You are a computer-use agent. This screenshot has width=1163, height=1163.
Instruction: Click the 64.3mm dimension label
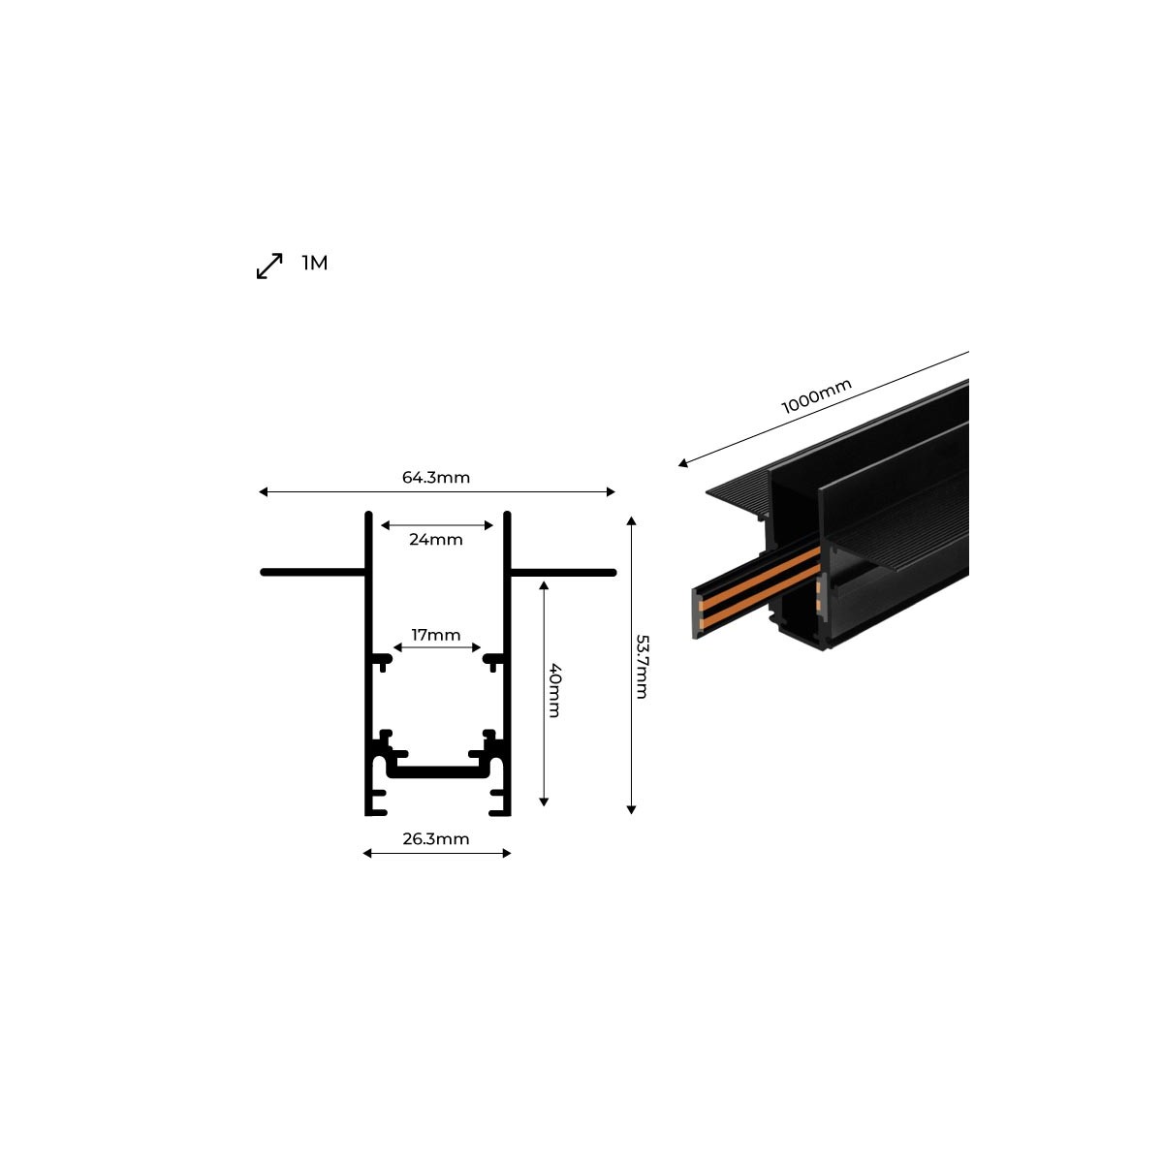tap(436, 477)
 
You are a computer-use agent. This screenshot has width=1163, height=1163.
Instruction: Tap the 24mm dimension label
tap(436, 539)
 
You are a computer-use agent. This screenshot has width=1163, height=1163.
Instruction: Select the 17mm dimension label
tap(436, 635)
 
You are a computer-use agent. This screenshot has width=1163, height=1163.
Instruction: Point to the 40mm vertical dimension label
tap(554, 690)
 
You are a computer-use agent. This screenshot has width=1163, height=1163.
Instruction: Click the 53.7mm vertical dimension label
tap(642, 666)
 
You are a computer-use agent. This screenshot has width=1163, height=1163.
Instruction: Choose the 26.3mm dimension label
tap(436, 838)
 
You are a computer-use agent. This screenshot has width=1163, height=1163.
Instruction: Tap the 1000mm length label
tap(817, 396)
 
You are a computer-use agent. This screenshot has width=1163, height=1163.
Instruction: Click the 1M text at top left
tap(315, 263)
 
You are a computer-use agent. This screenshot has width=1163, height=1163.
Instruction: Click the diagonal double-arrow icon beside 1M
tap(269, 266)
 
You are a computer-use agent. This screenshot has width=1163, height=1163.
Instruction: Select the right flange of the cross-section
tap(562, 573)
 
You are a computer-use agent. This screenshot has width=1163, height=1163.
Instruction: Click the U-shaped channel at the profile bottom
tap(437, 771)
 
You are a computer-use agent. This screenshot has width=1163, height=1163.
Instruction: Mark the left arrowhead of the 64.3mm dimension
tap(263, 492)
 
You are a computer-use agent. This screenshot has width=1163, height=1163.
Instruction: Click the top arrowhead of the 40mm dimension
tap(544, 585)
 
